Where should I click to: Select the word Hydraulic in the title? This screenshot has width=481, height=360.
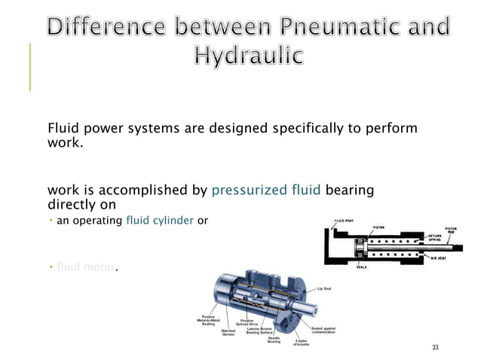250,56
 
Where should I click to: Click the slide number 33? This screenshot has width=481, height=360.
434,347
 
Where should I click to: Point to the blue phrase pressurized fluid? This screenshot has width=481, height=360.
266,191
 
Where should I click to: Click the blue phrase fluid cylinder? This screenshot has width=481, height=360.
160,221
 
